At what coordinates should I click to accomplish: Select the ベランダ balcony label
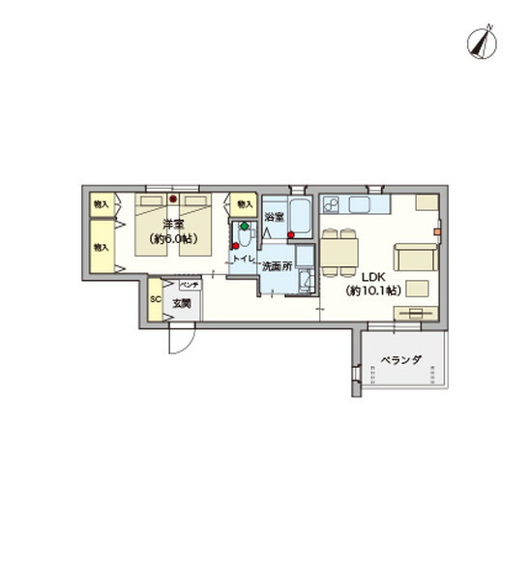[x=400, y=360]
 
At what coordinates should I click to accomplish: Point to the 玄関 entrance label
[x=182, y=304]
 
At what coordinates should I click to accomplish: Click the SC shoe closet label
[x=155, y=299]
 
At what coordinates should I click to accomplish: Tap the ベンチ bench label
[x=188, y=285]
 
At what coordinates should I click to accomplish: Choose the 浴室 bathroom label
[x=274, y=217]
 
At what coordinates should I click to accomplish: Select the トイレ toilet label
[x=242, y=260]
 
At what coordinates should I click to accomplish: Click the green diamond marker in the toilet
[x=245, y=228]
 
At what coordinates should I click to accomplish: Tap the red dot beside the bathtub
[x=291, y=234]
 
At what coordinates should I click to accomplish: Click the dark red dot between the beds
[x=173, y=199]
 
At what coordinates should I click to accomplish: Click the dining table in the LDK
[x=339, y=254]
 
